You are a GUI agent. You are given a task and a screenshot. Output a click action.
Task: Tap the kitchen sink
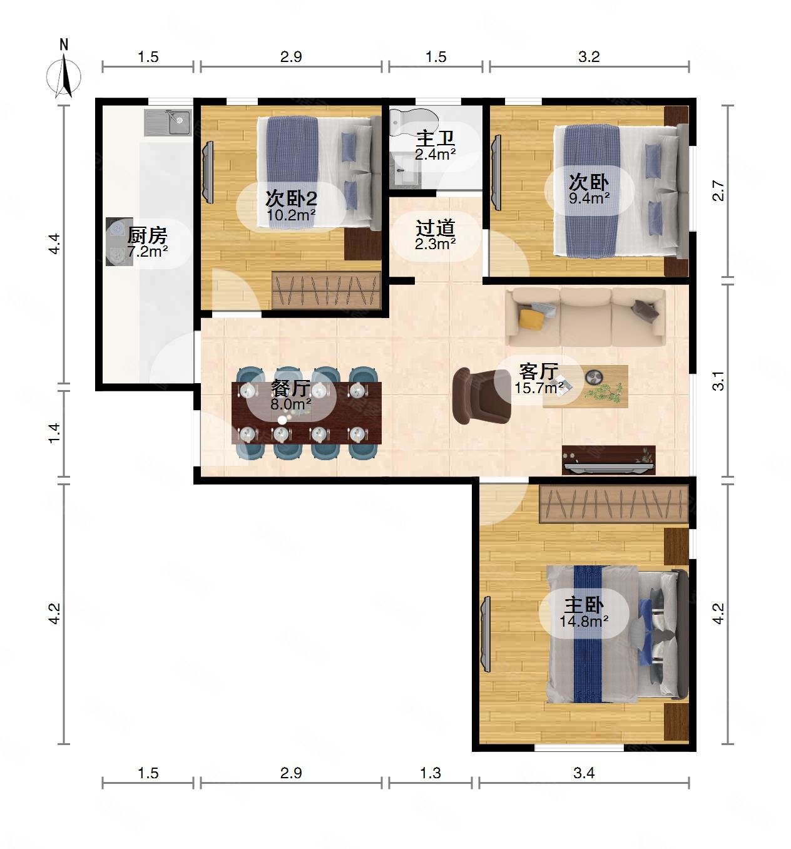[x=168, y=123]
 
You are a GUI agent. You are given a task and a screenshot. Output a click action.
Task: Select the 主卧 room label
[x=584, y=605]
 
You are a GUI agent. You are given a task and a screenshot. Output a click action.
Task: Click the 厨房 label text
[x=147, y=235]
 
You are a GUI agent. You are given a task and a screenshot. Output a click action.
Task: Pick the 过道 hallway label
[x=435, y=228]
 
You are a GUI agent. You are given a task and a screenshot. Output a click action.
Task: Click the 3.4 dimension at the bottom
[x=584, y=773]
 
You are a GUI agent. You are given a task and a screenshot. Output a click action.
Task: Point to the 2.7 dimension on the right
[x=718, y=191]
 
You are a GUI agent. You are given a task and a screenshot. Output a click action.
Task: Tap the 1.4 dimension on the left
[x=54, y=433]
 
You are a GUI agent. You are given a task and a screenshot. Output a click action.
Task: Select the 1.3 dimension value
[x=430, y=773]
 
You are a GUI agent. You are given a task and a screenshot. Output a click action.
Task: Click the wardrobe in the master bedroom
[x=614, y=503]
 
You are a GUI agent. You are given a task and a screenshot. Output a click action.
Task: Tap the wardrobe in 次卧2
[x=326, y=289]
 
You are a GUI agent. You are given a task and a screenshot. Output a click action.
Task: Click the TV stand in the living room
[x=608, y=460]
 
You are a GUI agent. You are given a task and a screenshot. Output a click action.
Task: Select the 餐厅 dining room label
[x=290, y=388]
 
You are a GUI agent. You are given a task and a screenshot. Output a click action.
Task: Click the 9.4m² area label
[x=589, y=197]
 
